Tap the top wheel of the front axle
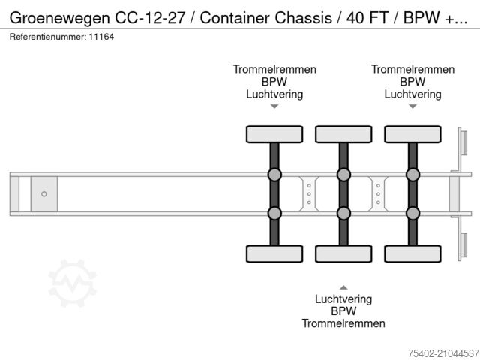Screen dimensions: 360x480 (x=274, y=134)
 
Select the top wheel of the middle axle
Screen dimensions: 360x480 (x=343, y=134)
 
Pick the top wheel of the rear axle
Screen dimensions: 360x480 (x=412, y=134)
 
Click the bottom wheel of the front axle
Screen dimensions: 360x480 (x=274, y=253)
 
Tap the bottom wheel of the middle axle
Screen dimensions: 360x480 (x=343, y=253)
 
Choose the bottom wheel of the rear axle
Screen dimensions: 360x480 (x=412, y=253)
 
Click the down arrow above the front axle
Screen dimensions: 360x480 (x=274, y=106)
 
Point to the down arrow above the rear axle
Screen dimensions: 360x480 (x=412, y=106)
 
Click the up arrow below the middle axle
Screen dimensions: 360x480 (x=343, y=286)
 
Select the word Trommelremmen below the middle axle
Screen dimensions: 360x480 (x=343, y=324)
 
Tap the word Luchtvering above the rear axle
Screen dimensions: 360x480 (x=412, y=94)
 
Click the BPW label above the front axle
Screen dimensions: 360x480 (x=274, y=82)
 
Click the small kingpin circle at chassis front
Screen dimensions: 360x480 (x=44, y=194)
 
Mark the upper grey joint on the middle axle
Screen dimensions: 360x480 (x=343, y=175)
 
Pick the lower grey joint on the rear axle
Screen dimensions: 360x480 (x=412, y=213)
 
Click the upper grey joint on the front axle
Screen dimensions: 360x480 (x=274, y=175)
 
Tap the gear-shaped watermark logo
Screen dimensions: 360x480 (x=73, y=283)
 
